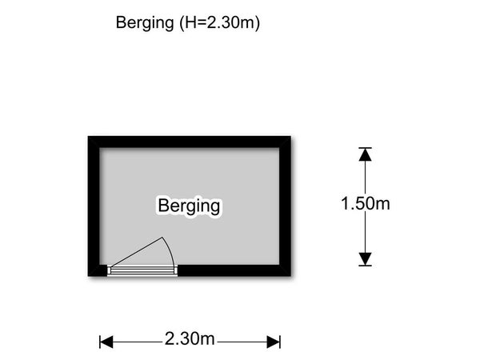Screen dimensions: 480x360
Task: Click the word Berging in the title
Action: click(145, 23)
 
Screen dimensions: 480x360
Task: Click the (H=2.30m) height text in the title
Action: click(219, 22)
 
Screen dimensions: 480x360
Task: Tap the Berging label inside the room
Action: click(189, 206)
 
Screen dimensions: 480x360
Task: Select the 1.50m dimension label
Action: click(366, 203)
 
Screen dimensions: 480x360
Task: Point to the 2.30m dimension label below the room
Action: click(190, 339)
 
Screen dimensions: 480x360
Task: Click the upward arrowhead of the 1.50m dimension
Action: click(366, 154)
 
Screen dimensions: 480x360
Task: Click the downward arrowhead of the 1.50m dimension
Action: click(366, 259)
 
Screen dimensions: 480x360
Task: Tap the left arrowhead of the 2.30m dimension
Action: click(106, 342)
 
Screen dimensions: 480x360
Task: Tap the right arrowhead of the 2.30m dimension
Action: click(274, 342)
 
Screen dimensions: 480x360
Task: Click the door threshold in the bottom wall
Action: click(142, 270)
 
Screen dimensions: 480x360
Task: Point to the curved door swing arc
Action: click(170, 250)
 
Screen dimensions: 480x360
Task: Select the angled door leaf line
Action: click(137, 252)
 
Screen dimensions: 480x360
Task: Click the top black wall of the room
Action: click(189, 142)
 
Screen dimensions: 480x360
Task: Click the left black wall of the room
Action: click(94, 206)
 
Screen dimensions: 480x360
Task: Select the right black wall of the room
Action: click(285, 206)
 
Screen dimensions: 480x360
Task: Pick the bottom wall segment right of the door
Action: click(234, 270)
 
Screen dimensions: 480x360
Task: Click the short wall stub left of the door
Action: click(98, 270)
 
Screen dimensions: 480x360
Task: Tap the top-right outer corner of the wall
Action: click(291, 136)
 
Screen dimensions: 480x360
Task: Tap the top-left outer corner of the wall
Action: click(88, 136)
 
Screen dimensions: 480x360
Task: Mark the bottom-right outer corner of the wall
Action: click(291, 277)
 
